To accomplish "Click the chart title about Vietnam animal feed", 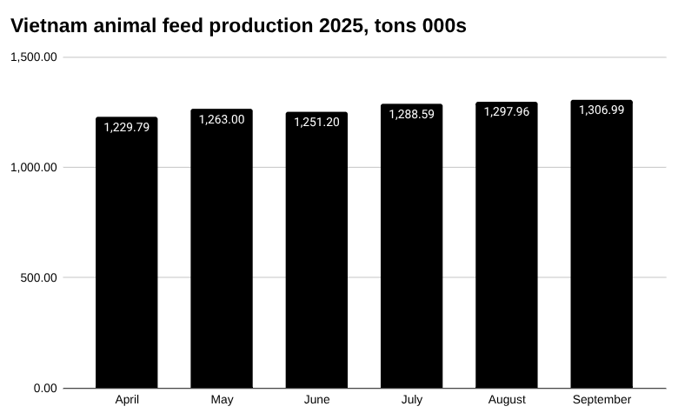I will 238,26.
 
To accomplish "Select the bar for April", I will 127,261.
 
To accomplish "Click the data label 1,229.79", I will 127,127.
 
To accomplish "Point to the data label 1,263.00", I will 222,119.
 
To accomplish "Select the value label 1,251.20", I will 316,122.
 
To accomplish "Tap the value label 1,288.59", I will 411,114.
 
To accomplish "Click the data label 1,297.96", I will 507,111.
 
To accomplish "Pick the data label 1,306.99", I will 602,110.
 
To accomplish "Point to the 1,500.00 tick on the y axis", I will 34,57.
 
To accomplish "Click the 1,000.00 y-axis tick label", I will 34,168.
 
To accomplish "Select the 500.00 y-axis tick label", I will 39,278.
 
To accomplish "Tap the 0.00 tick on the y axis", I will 45,389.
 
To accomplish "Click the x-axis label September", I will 602,400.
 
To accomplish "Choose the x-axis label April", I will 127,400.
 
